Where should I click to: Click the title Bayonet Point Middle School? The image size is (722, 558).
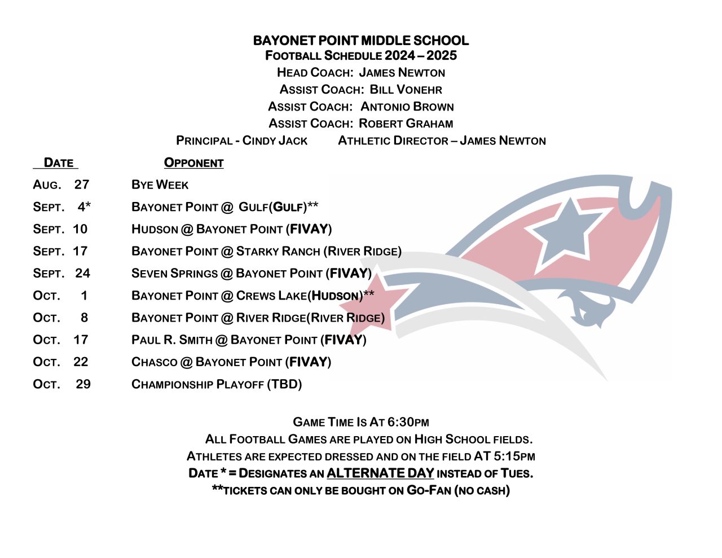click(x=360, y=41)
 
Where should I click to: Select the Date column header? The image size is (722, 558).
click(x=58, y=163)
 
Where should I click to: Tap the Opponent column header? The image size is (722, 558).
click(x=193, y=163)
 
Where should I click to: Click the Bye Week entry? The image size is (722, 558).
click(x=160, y=185)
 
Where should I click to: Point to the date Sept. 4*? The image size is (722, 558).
click(x=61, y=207)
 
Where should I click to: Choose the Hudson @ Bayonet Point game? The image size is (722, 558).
click(x=231, y=229)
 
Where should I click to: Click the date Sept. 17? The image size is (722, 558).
click(x=60, y=251)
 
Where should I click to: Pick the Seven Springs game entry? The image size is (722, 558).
click(x=251, y=274)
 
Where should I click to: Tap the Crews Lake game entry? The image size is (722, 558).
click(x=252, y=296)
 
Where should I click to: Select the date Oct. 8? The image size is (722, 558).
click(x=60, y=318)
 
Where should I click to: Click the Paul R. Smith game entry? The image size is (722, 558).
click(x=249, y=340)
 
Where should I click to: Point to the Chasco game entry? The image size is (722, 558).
click(x=231, y=362)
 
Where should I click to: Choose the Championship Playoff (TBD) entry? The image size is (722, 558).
click(x=217, y=384)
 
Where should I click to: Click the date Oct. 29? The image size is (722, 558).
click(x=61, y=384)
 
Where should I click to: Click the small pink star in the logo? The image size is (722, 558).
click(x=388, y=300)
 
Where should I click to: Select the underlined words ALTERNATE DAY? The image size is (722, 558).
click(x=380, y=473)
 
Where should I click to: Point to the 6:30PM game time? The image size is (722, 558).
click(x=408, y=422)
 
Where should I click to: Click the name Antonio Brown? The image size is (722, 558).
click(x=407, y=107)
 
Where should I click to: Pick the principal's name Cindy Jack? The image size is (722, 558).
click(x=275, y=140)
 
